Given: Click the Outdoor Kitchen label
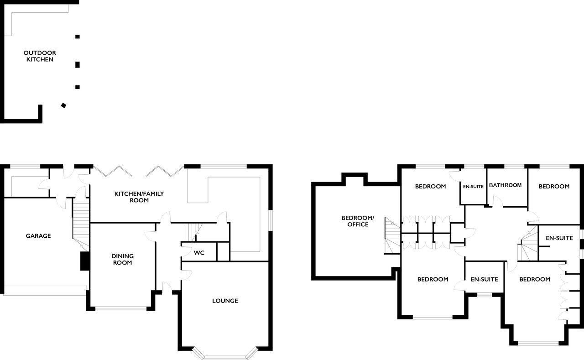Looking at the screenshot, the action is coord(40,56).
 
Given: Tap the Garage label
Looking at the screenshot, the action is coord(38,236).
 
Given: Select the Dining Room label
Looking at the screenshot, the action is coord(123,259).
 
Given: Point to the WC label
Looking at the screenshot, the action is coord(199,253).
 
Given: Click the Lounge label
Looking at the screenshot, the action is coord(225,301).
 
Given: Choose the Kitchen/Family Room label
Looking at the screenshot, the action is coord(139,197).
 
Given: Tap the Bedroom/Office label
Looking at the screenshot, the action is coord(358,221).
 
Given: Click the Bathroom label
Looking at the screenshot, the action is coord(505,185).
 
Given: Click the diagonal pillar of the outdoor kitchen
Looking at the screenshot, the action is coord(63,105).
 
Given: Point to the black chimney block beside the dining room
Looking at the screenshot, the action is coord(85,261).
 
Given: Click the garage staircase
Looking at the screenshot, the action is coord(81,224).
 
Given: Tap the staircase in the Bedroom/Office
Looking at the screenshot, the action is coord(392,235).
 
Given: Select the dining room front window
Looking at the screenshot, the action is coord(121,308).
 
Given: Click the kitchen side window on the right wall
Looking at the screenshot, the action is coord(271,220).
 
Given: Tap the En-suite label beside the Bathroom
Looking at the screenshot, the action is coord(473,187).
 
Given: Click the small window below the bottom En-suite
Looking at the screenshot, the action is coord(485,295).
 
